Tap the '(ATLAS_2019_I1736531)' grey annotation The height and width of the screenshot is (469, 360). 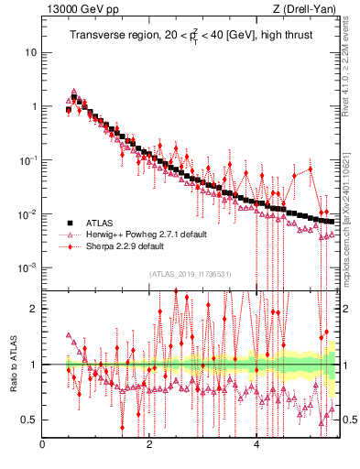(x=190, y=274)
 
